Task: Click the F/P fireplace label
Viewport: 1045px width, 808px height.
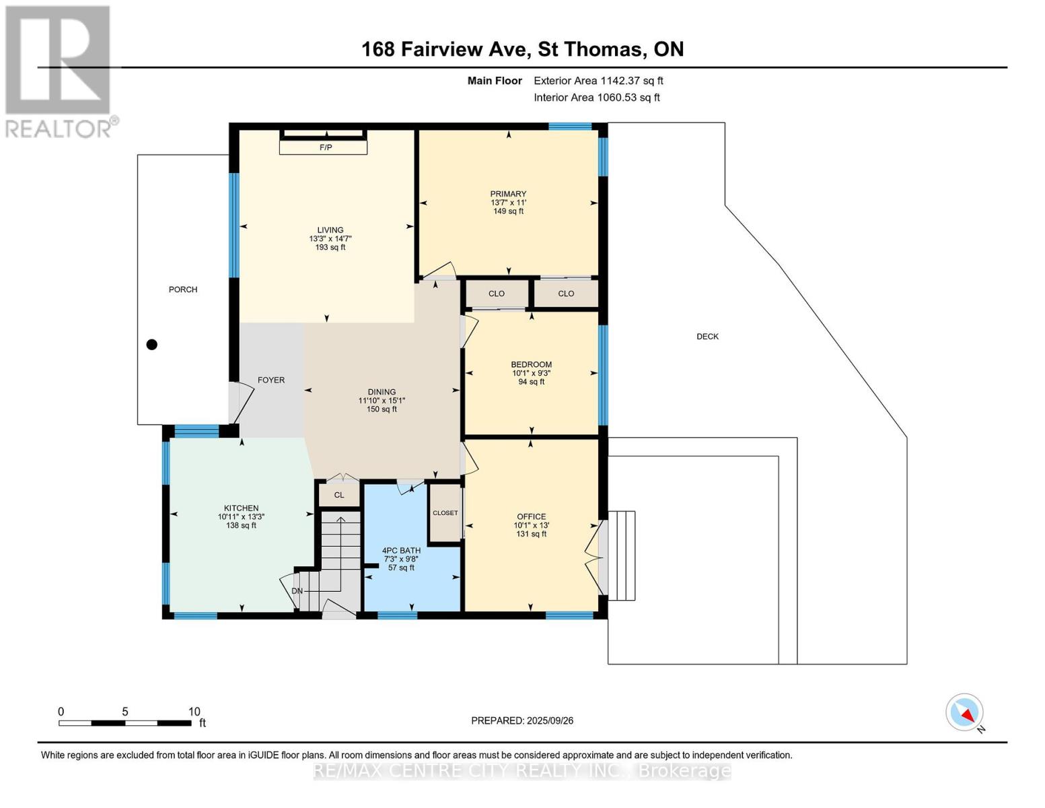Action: click(326, 147)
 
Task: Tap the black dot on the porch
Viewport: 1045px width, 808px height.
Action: click(152, 345)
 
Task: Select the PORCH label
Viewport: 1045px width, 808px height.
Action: click(183, 290)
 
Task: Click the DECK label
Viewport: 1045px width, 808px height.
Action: click(707, 337)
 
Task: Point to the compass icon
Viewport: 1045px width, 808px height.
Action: click(964, 712)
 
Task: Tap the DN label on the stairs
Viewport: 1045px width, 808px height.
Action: click(297, 591)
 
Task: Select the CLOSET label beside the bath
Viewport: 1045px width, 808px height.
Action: click(445, 513)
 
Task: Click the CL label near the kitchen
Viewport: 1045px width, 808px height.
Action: click(339, 495)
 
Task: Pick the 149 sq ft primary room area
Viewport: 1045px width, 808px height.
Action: click(508, 211)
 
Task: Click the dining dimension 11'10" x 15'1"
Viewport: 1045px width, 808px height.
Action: click(382, 401)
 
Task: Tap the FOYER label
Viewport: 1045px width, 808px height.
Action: click(271, 380)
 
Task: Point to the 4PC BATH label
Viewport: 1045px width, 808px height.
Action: click(401, 551)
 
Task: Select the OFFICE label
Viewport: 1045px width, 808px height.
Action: click(532, 516)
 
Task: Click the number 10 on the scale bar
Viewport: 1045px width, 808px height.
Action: click(194, 711)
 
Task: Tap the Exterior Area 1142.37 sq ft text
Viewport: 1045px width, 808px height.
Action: click(598, 81)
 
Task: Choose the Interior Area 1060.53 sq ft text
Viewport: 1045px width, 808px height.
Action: click(597, 98)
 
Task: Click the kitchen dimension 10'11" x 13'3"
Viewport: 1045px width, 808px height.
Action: click(242, 516)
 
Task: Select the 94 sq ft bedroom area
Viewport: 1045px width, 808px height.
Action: click(532, 382)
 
